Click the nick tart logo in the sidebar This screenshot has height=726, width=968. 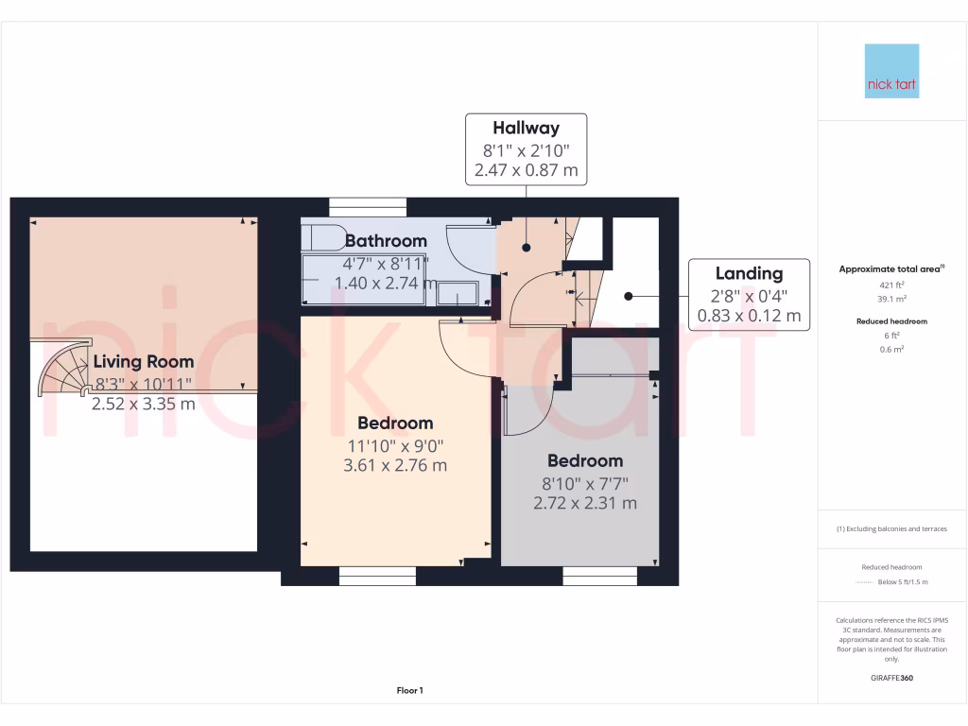(x=891, y=71)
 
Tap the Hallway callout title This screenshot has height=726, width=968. (x=526, y=128)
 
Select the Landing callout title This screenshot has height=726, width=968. (x=749, y=273)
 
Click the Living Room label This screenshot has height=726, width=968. (x=143, y=361)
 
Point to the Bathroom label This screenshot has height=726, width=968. (x=386, y=241)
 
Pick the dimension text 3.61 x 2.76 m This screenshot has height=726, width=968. (x=395, y=465)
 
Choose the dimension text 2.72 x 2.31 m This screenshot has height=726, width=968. (x=585, y=503)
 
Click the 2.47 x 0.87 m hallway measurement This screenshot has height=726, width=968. (x=526, y=171)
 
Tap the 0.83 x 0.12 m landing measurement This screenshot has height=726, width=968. (x=749, y=316)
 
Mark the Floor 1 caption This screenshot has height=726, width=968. (x=409, y=691)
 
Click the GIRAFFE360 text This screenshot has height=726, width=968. (x=891, y=678)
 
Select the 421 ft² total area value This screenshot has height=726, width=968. (x=891, y=284)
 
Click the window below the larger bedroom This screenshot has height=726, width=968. (x=376, y=576)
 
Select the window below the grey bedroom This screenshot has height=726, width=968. (x=600, y=576)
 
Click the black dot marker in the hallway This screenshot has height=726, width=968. (x=526, y=248)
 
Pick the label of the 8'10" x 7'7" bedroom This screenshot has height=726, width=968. (x=585, y=461)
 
